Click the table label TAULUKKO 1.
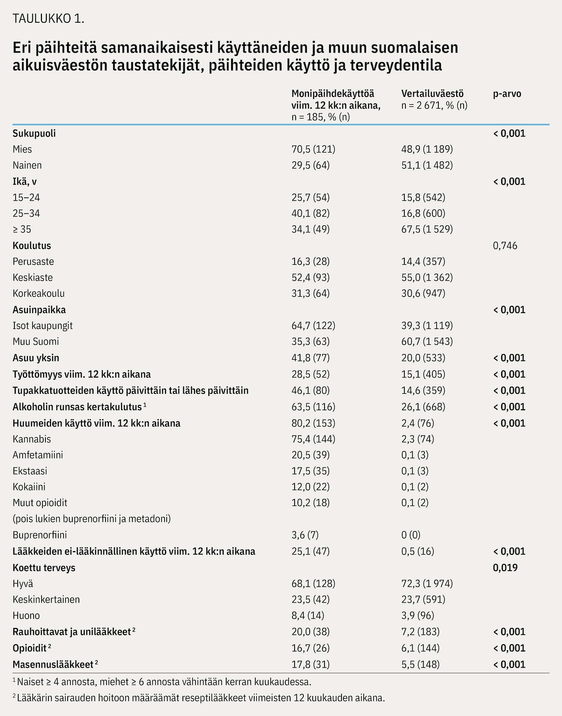click(48, 19)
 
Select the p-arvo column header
click(507, 94)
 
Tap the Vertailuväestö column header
click(432, 94)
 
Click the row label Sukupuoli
click(34, 134)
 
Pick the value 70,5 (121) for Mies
click(313, 149)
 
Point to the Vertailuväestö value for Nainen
click(427, 165)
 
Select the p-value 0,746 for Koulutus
click(505, 246)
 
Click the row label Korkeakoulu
click(38, 293)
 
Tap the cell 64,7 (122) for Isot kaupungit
click(313, 326)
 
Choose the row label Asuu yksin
click(36, 358)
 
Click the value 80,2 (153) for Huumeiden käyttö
click(313, 423)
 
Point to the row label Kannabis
click(32, 439)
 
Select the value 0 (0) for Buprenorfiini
click(411, 535)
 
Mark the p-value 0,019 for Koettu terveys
click(505, 568)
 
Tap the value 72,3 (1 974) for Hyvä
click(427, 584)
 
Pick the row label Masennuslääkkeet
click(53, 664)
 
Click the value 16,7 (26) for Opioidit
click(311, 648)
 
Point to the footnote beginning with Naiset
click(162, 682)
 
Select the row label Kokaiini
click(29, 487)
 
